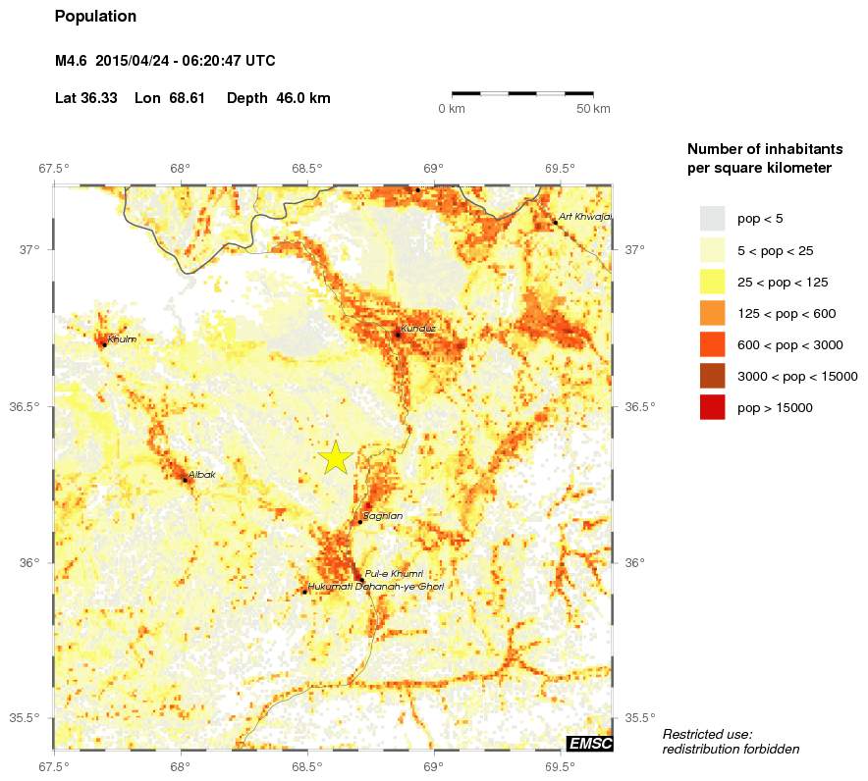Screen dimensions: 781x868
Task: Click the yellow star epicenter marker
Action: coord(336,457)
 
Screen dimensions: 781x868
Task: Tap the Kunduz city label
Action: coord(418,328)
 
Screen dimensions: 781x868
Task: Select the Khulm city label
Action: coord(123,339)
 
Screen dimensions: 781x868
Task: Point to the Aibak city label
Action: coord(201,475)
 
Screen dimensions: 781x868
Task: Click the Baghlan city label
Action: coord(382,515)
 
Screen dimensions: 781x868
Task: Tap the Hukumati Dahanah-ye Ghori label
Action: coord(376,587)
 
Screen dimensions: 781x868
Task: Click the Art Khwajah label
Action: coord(584,216)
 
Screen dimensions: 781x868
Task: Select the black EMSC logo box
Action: coord(589,744)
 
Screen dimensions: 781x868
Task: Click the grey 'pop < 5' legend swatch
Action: coord(712,219)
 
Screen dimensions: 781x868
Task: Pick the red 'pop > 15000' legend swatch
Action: coord(712,407)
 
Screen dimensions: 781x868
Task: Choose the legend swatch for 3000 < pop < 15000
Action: coord(712,376)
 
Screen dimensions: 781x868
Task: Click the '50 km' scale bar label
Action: coord(593,108)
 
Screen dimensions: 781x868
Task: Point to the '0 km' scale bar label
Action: coord(451,108)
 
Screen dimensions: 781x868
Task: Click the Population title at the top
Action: coord(95,17)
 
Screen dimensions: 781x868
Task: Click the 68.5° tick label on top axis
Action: coord(306,168)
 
